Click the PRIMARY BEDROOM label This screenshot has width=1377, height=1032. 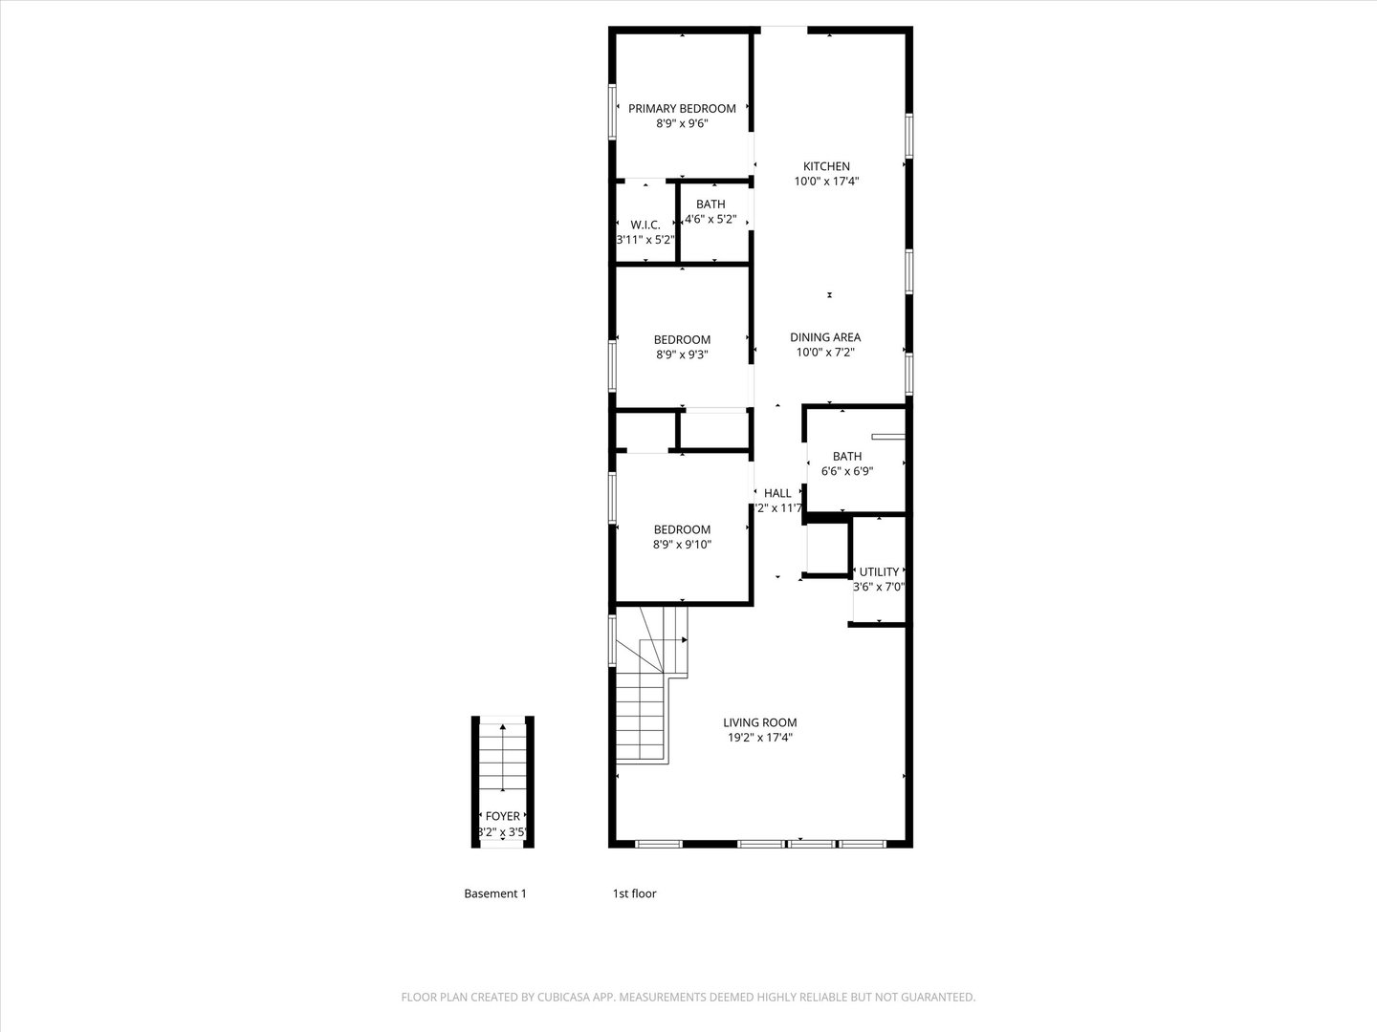coord(682,109)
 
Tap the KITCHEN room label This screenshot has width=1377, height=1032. coord(826,166)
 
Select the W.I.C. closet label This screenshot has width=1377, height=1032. coord(645,225)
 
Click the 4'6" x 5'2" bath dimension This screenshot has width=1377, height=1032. coord(710,219)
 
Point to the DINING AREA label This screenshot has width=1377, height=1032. coord(825,337)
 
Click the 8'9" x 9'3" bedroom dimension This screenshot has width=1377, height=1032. coord(682,355)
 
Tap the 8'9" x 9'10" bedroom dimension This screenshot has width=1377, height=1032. coord(682,545)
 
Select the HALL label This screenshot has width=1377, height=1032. coord(777,493)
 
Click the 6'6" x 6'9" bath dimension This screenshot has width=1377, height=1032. coord(847,471)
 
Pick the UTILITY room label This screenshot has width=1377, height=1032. coord(879,572)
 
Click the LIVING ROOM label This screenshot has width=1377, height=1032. coord(759,722)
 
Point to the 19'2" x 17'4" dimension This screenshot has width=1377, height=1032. coord(759,738)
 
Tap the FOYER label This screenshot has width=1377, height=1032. coord(503,816)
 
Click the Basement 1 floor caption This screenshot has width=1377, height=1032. coord(495,894)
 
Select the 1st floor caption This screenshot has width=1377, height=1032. coord(634,894)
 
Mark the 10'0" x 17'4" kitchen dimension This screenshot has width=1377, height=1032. coord(826,182)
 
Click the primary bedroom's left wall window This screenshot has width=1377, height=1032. coord(612,113)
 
